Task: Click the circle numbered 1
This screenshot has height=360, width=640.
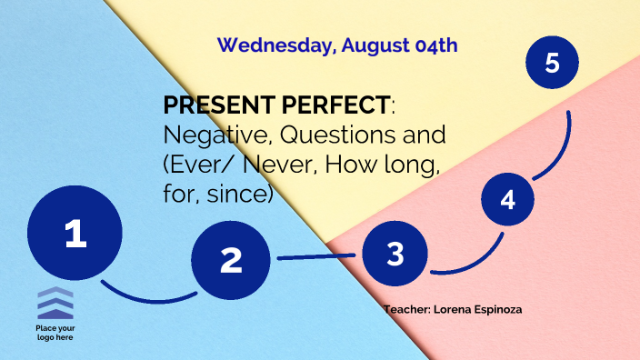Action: coord(75,234)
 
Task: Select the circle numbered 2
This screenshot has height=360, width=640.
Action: coord(232,260)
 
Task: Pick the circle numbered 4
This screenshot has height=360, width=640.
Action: coord(507,199)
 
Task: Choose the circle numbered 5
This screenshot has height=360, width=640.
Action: coord(553,63)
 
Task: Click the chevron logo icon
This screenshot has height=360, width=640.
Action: coord(55,303)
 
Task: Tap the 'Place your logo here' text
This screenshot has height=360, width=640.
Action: coord(55,332)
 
